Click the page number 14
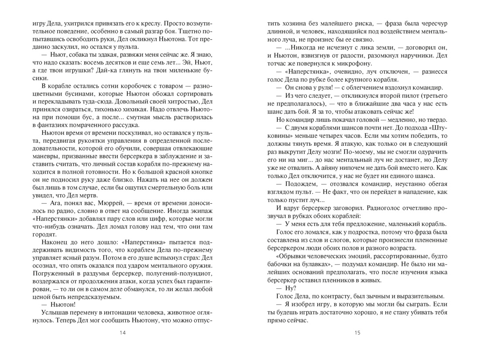(x=122, y=333)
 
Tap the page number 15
(x=357, y=333)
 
